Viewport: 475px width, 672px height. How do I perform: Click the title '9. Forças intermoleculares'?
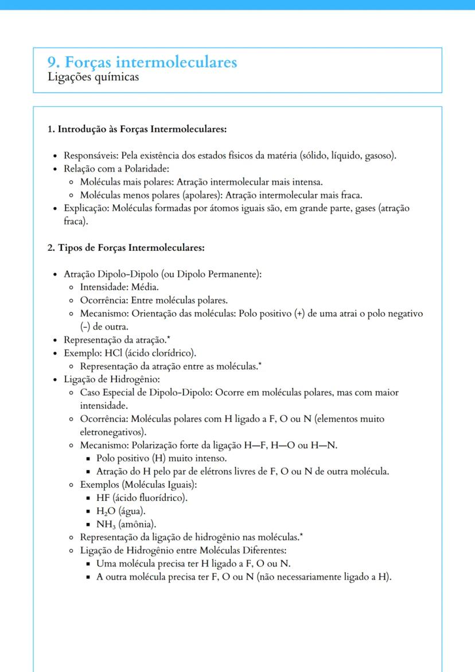tap(142, 62)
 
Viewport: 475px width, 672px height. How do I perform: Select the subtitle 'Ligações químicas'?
tap(93, 77)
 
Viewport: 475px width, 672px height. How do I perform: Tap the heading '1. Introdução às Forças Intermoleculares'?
tap(137, 129)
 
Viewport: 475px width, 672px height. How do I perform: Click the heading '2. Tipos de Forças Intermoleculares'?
tap(126, 248)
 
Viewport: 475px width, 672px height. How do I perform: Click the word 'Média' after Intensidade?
tap(146, 287)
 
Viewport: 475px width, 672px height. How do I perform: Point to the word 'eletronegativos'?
tap(111, 432)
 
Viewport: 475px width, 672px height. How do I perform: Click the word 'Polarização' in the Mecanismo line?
tap(155, 445)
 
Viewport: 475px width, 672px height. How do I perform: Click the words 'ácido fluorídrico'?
tap(153, 498)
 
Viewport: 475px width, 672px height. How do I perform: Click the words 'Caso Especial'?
tap(107, 393)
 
